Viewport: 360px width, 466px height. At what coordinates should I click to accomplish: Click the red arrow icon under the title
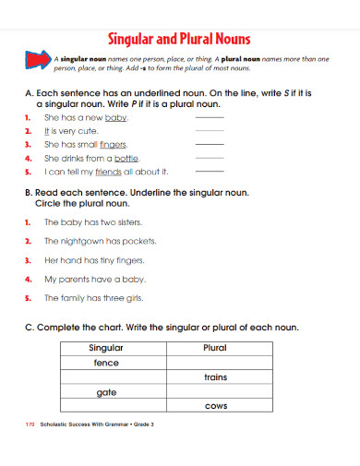(x=38, y=62)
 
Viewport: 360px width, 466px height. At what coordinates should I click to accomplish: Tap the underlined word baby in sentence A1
(x=116, y=119)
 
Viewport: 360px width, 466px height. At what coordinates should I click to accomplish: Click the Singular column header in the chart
(x=107, y=348)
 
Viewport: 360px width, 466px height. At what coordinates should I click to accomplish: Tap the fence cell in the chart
(x=107, y=363)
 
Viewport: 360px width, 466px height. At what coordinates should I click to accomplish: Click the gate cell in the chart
(x=107, y=391)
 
